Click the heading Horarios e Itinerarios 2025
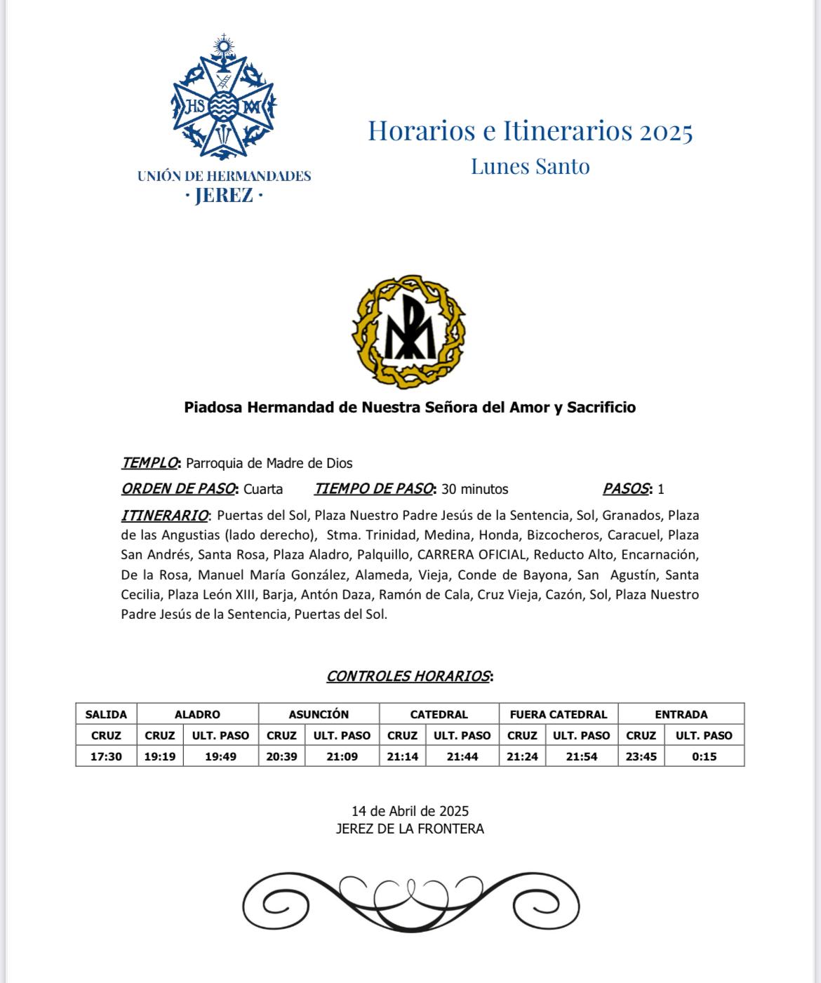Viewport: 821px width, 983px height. [530, 131]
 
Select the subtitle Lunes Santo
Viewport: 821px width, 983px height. [530, 166]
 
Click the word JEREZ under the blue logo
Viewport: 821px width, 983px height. [224, 196]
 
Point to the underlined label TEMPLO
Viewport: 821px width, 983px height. [149, 463]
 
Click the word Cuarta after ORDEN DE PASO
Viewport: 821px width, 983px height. [263, 489]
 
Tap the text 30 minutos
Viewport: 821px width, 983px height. [474, 489]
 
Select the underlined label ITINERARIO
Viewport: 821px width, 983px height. [165, 516]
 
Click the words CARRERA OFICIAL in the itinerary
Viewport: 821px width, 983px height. [472, 555]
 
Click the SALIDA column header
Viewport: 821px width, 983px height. [106, 714]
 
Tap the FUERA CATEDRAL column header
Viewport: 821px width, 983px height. [559, 714]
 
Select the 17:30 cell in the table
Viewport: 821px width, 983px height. [106, 756]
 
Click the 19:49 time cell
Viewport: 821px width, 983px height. [220, 756]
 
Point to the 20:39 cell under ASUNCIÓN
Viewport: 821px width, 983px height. [281, 756]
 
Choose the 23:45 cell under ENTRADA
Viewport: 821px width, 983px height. [641, 756]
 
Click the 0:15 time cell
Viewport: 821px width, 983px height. [704, 756]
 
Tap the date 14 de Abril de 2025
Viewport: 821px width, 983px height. [410, 812]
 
